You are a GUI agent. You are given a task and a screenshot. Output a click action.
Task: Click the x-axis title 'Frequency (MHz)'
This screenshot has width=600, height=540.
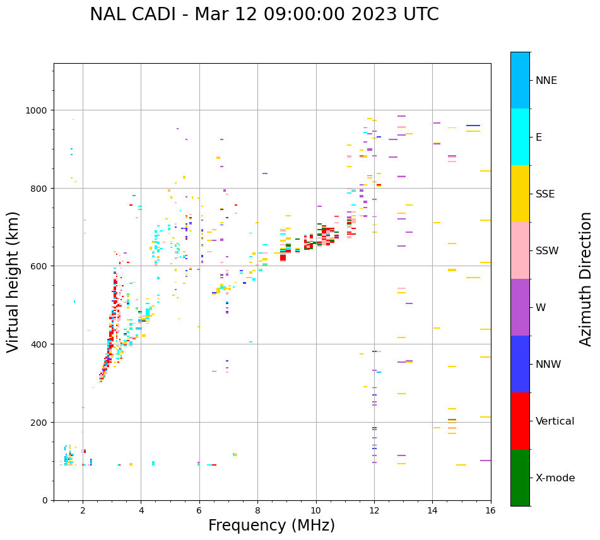[x=271, y=525]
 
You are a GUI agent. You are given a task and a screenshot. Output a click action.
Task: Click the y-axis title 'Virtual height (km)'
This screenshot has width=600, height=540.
[x=13, y=281]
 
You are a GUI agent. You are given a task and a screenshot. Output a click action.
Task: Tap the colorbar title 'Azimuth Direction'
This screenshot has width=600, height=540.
[x=586, y=278]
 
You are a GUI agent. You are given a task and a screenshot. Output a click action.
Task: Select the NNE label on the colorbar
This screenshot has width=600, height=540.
[x=546, y=80]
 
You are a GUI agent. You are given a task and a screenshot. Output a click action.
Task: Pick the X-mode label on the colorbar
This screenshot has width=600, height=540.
[x=555, y=478]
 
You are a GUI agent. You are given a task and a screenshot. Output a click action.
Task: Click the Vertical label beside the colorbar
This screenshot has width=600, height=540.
[x=555, y=421]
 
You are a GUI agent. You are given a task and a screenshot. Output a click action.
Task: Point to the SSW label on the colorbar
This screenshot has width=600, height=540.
[x=547, y=251]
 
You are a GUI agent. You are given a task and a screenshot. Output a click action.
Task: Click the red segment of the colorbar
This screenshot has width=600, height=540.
[x=520, y=421]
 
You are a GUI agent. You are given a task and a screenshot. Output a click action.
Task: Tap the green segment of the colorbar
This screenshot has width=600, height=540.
[x=520, y=478]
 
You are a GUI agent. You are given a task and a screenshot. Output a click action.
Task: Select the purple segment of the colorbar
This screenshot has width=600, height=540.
[x=520, y=307]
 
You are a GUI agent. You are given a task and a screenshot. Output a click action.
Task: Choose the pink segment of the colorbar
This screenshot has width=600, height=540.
[x=520, y=250]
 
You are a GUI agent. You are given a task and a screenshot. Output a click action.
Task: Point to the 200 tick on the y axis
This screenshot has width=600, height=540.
[x=40, y=422]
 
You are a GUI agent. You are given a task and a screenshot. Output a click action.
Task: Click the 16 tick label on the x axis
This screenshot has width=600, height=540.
[x=491, y=511]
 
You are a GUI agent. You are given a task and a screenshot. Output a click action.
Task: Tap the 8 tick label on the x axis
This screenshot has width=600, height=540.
[x=257, y=511]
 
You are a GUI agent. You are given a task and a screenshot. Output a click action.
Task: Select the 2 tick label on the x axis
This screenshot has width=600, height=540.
[x=83, y=511]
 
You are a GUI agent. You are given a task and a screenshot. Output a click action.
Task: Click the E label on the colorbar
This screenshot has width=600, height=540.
[x=539, y=137]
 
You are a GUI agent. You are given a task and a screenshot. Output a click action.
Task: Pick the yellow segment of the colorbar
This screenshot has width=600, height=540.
[x=520, y=194]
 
